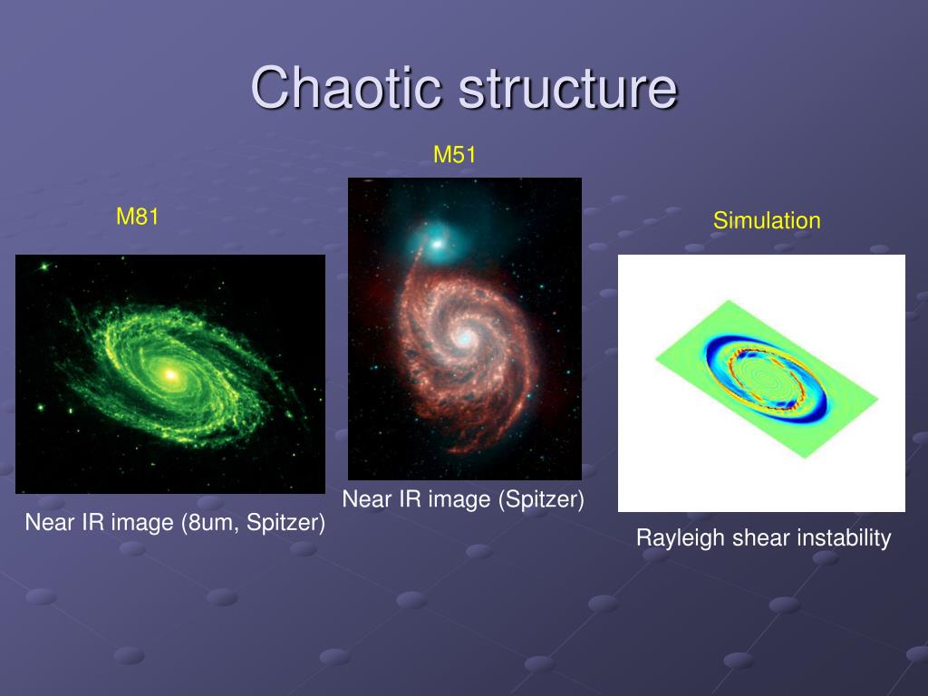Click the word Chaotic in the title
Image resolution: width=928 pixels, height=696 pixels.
347,87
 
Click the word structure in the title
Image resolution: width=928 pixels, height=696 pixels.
568,88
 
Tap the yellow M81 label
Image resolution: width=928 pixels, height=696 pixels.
138,216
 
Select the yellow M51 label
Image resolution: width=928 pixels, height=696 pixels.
455,154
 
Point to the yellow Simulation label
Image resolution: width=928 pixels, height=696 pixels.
767,221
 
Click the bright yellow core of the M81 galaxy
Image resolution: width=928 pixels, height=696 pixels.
170,374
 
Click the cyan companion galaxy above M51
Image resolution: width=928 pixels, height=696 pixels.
438,243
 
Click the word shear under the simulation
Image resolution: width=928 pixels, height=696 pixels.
761,538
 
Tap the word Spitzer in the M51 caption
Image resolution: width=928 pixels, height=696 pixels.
542,499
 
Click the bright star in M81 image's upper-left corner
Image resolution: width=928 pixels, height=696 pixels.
43,266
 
